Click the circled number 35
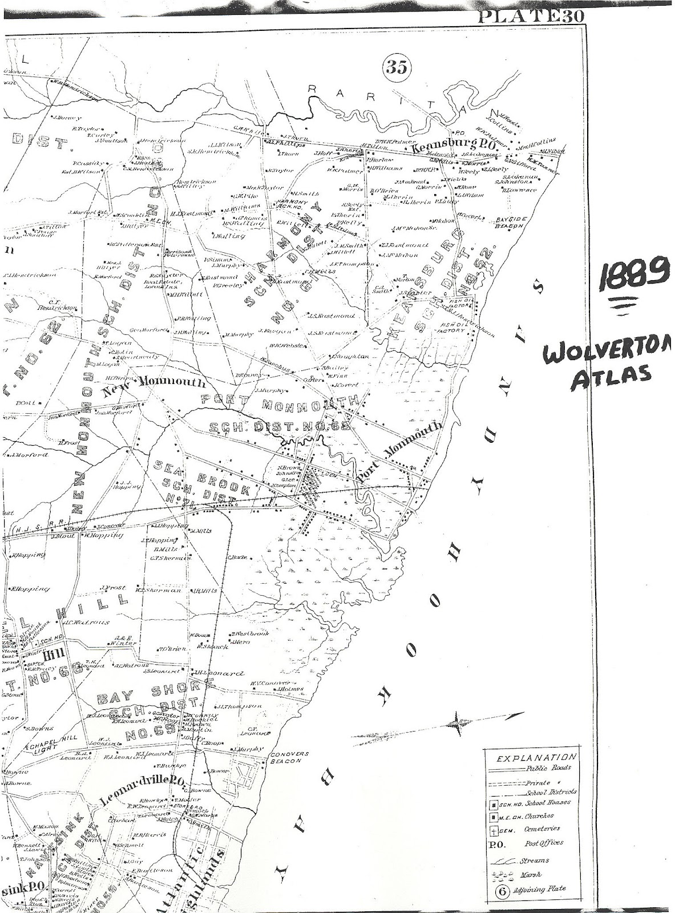point(397,67)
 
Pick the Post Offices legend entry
point(543,842)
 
